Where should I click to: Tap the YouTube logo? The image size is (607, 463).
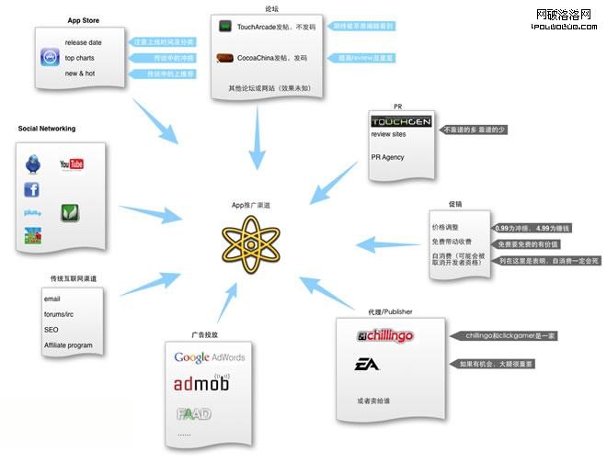(x=72, y=164)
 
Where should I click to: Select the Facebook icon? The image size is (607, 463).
(x=32, y=189)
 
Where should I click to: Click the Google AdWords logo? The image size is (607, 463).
(x=210, y=357)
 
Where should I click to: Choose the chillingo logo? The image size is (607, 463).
(x=384, y=336)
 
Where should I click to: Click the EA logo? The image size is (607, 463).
(x=367, y=365)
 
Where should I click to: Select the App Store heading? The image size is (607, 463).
(x=84, y=20)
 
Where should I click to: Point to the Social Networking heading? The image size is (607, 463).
(x=47, y=129)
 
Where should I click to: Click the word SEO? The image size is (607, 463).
(x=51, y=329)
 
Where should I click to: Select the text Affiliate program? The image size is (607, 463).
(x=68, y=344)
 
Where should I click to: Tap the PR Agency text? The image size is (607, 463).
(x=387, y=157)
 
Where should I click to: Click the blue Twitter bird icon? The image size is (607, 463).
(x=33, y=164)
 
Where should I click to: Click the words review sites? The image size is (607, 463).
(x=389, y=135)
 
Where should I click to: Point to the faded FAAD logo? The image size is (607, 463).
(x=193, y=413)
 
